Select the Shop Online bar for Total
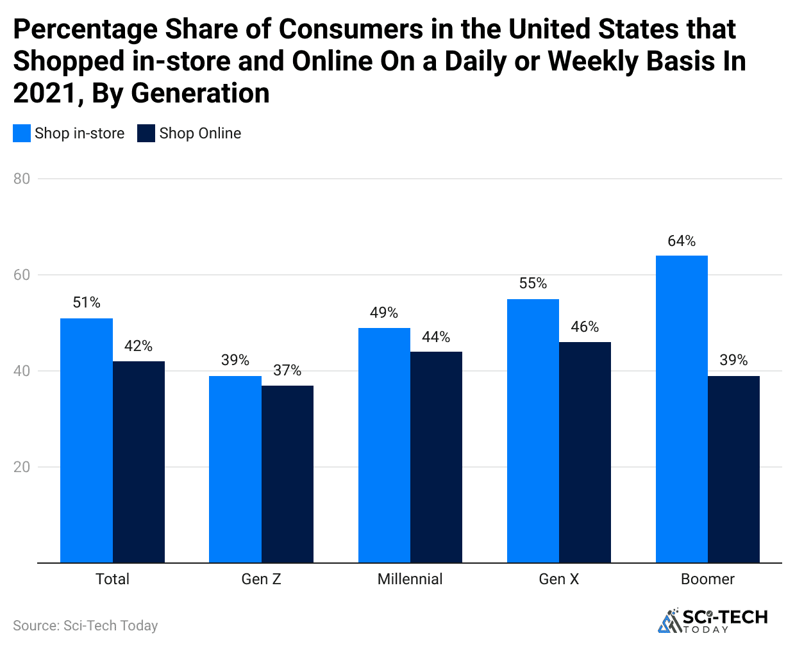click(138, 462)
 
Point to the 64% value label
click(682, 241)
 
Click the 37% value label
click(287, 370)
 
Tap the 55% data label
click(533, 283)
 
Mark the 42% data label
click(138, 346)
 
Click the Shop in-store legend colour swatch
click(22, 133)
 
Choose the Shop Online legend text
click(200, 133)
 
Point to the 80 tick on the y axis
click(22, 179)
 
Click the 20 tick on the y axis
click(22, 467)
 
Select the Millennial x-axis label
click(410, 579)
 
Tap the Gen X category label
click(558, 579)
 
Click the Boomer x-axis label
click(707, 579)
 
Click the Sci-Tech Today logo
click(713, 620)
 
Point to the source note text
click(85, 626)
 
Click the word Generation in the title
click(200, 94)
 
